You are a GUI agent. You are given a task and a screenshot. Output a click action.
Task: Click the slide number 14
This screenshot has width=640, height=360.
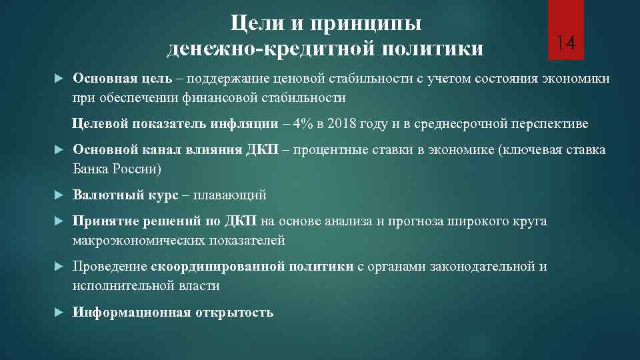click(566, 44)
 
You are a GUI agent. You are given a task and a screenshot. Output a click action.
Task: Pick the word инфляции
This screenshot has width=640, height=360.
click(253, 124)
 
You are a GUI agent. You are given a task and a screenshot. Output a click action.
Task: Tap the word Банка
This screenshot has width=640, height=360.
click(93, 169)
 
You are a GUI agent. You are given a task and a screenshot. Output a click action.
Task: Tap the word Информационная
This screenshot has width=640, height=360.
click(131, 312)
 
